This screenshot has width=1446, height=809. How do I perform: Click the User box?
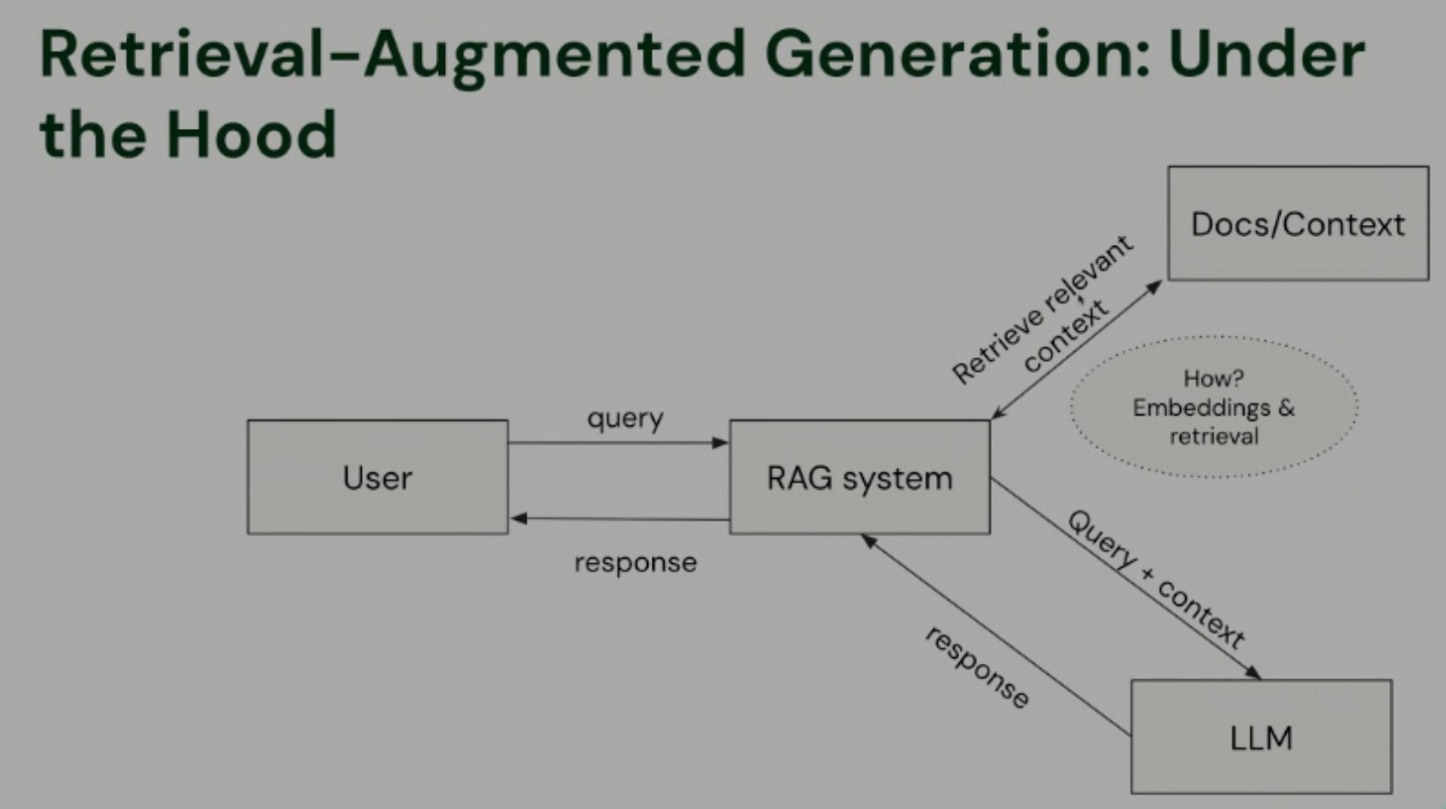point(377,477)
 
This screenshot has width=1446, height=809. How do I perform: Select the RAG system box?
point(859,477)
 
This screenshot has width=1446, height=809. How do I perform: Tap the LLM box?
point(1260,737)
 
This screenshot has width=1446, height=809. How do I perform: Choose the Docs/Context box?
point(1297,224)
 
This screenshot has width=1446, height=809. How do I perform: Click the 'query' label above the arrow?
point(625,419)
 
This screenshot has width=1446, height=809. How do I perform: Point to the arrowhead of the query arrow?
point(721,442)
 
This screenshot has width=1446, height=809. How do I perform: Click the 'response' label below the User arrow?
point(635,562)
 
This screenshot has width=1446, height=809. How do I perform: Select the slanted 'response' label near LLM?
point(977,667)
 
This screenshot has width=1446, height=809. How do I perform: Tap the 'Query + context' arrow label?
point(1156,580)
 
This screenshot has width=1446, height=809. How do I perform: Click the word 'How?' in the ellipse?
point(1213,378)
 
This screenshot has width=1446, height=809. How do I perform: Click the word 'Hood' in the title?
point(250,134)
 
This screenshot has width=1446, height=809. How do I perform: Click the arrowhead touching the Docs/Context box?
point(1155,286)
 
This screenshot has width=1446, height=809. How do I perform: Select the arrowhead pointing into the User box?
point(518,518)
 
